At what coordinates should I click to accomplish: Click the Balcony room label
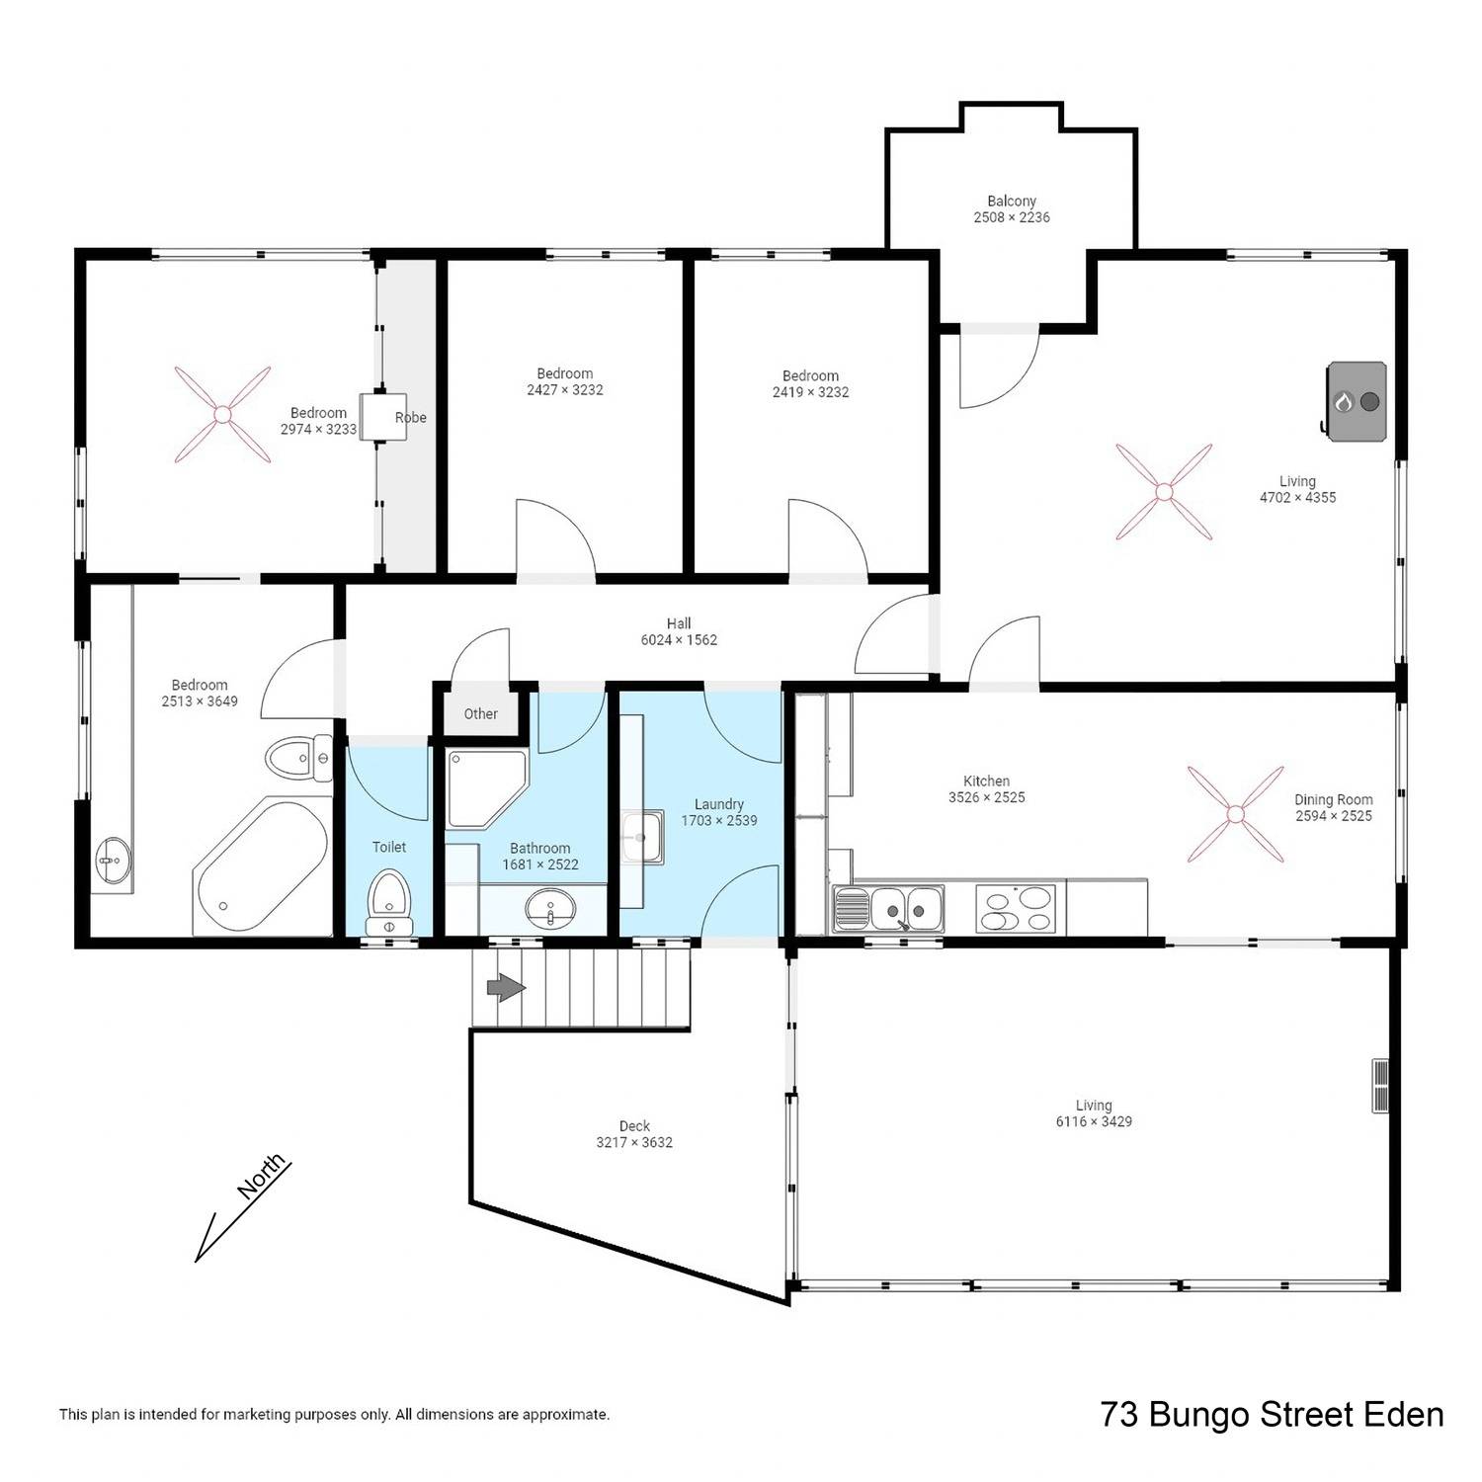tap(1012, 202)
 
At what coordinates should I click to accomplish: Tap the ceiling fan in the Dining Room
tap(1235, 813)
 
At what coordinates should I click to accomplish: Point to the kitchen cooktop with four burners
tap(1016, 909)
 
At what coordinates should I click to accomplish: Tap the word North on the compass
tap(262, 1177)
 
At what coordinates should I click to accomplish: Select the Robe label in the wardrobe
tap(411, 418)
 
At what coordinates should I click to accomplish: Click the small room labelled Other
tap(481, 713)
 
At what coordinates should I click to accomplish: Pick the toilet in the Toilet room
tap(388, 902)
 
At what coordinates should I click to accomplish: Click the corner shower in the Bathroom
tap(487, 788)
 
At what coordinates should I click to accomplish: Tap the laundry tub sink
tap(642, 836)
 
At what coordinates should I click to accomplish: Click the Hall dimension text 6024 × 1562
tap(679, 640)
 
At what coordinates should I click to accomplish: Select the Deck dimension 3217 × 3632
tap(634, 1143)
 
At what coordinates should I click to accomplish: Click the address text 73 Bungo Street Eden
tap(1273, 1415)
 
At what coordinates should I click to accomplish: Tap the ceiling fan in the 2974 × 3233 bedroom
tap(223, 414)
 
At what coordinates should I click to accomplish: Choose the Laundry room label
tap(719, 804)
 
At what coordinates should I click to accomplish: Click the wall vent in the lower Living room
tap(1380, 1086)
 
